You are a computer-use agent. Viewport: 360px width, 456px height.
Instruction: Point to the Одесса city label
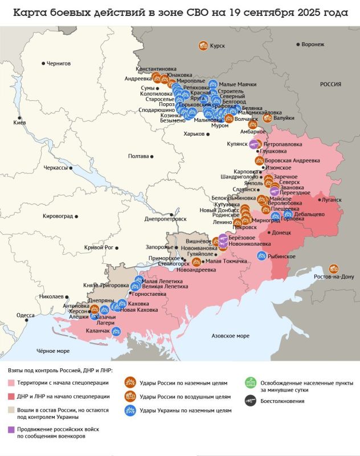pyautogui.click(x=26, y=315)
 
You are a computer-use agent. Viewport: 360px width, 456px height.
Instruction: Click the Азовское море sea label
pyautogui.click(x=230, y=336)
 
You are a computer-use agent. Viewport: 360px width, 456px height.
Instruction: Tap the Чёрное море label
pyautogui.click(x=53, y=351)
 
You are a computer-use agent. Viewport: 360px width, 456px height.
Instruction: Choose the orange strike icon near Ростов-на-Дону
pyautogui.click(x=335, y=268)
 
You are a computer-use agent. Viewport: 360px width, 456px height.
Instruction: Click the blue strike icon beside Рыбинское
pyautogui.click(x=262, y=256)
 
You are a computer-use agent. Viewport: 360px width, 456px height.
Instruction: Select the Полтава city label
pyautogui.click(x=138, y=156)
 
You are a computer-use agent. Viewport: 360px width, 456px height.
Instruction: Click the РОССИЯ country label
pyautogui.click(x=330, y=84)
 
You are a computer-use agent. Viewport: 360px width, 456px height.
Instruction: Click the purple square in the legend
pyautogui.click(x=11, y=430)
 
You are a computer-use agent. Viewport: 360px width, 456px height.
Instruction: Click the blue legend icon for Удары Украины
pyautogui.click(x=130, y=410)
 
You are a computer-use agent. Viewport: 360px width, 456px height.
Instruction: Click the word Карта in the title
pyautogui.click(x=31, y=14)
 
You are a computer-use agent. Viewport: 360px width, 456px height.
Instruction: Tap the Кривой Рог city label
pyautogui.click(x=99, y=247)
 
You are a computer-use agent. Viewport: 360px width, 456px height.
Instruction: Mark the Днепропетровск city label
pyautogui.click(x=166, y=218)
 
